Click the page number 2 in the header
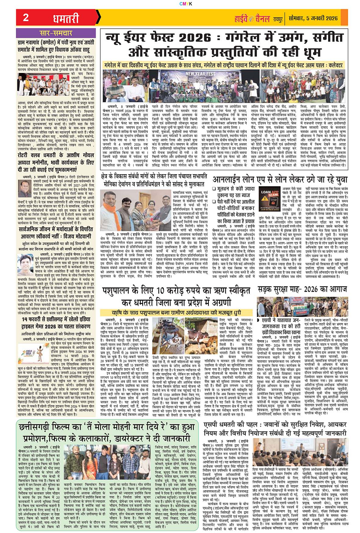click(x=26, y=17)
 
